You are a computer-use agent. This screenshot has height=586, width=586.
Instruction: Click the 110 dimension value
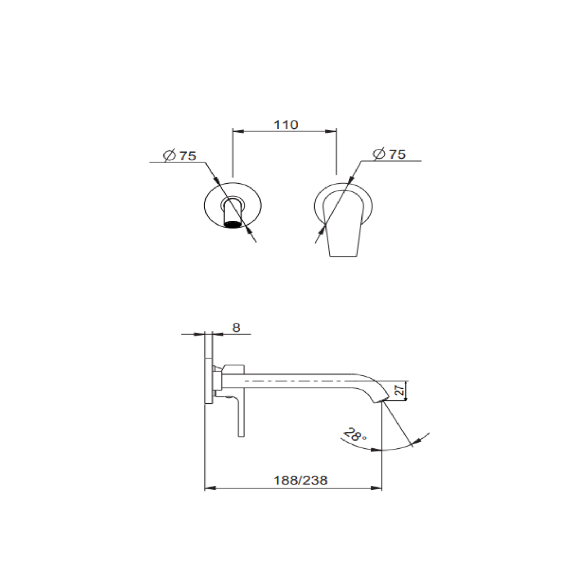coord(286,125)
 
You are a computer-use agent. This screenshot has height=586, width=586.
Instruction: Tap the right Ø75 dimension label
coord(389,154)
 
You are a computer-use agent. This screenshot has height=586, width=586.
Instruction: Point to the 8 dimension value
coord(236,328)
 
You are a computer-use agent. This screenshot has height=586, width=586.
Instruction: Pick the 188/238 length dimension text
coord(300,480)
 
